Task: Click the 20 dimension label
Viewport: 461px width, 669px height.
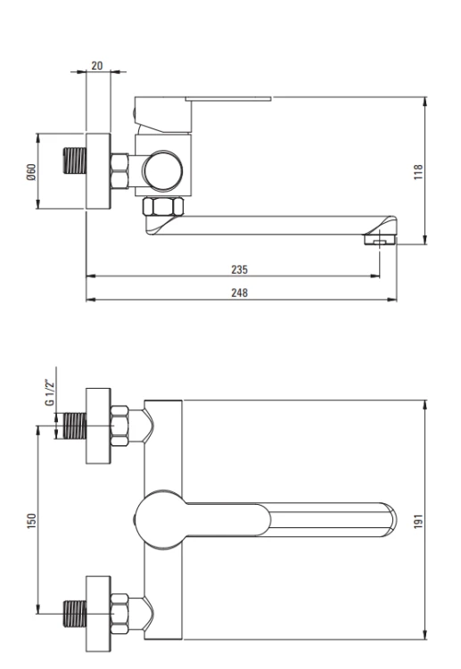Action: tap(97, 65)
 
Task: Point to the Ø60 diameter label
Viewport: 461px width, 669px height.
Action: tap(31, 171)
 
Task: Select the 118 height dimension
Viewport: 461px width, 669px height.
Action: tap(418, 172)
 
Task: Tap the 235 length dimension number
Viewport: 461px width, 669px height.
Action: tap(239, 269)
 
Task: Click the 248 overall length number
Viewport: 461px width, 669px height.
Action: tap(239, 293)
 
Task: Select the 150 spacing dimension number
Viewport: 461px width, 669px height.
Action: tap(32, 521)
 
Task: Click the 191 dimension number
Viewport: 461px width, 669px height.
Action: tap(418, 521)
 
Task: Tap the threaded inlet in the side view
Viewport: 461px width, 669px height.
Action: tap(75, 161)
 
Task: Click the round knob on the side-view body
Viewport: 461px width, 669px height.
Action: tap(163, 170)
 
